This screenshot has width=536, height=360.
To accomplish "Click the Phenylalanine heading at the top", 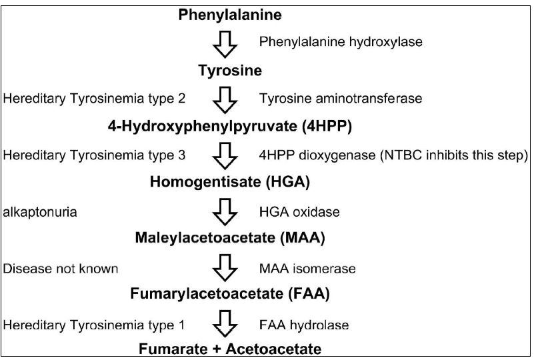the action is click(x=230, y=15).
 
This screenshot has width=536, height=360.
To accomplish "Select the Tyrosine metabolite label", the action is click(x=230, y=71).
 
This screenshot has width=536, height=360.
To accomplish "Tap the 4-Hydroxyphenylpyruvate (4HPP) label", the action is click(x=230, y=127).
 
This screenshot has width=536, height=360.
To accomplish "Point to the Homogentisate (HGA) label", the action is click(x=230, y=182).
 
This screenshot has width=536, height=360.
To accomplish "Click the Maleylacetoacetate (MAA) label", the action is click(x=230, y=237).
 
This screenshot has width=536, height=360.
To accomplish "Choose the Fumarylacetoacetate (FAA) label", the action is click(x=230, y=294).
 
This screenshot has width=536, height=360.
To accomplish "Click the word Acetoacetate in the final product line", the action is click(x=273, y=349).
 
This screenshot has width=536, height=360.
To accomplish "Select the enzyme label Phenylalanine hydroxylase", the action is click(x=341, y=42).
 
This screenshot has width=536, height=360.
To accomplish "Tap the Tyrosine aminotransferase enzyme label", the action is click(x=341, y=99).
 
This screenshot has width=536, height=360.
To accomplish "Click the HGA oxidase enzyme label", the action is click(x=299, y=212).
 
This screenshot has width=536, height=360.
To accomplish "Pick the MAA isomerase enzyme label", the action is click(x=307, y=269).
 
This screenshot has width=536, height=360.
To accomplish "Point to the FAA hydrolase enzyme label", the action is click(x=304, y=325).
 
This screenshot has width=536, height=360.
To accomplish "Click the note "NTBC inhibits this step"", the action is click(x=455, y=155).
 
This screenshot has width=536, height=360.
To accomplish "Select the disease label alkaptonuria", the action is click(x=40, y=212).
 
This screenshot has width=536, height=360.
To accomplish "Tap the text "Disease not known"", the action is click(x=61, y=269).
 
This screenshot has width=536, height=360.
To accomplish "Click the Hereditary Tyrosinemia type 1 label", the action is click(x=93, y=325).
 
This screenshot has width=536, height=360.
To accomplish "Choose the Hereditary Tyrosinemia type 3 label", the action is click(x=94, y=155).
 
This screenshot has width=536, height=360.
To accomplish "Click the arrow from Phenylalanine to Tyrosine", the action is click(x=225, y=44).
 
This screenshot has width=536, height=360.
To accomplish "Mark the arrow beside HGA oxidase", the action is click(x=225, y=212).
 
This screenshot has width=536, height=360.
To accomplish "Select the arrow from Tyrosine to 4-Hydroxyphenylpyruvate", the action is click(x=225, y=100).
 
